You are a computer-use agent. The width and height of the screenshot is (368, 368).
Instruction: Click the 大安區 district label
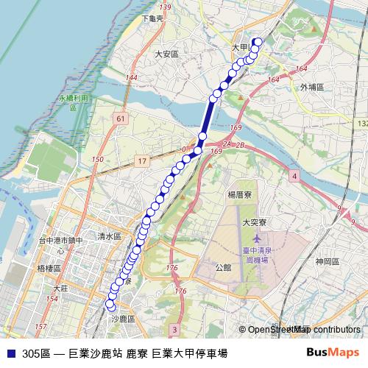click(x=167, y=54)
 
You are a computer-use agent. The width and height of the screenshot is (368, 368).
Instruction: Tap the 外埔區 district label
click(x=312, y=86)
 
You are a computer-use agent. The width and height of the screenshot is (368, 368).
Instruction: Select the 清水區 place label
click(x=109, y=236)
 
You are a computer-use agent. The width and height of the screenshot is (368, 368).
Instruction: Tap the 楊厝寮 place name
click(x=241, y=195)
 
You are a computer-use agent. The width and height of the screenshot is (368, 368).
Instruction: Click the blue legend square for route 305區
click(x=10, y=353)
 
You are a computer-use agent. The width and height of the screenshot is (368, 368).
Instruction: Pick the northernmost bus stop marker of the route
click(x=258, y=42)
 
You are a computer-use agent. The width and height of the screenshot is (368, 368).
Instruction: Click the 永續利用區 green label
click(x=74, y=102)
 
